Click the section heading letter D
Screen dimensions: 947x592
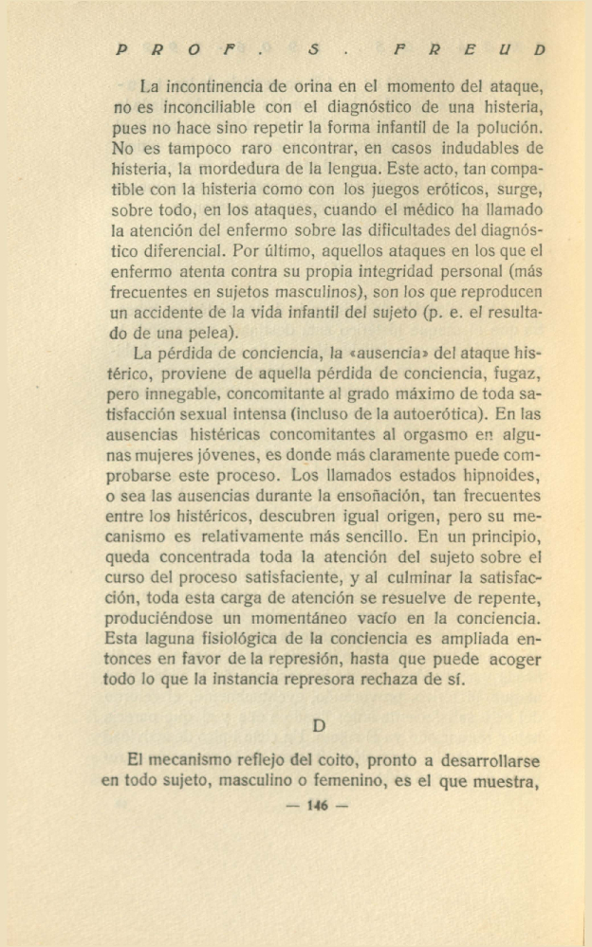pos(320,726)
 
